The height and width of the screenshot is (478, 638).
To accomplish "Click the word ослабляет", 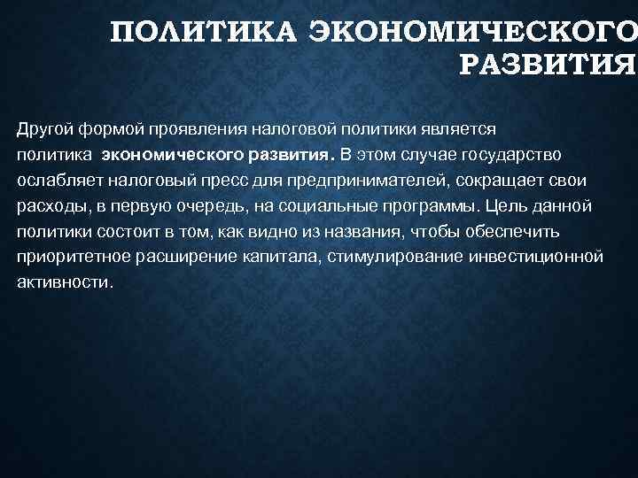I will [56, 181].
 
